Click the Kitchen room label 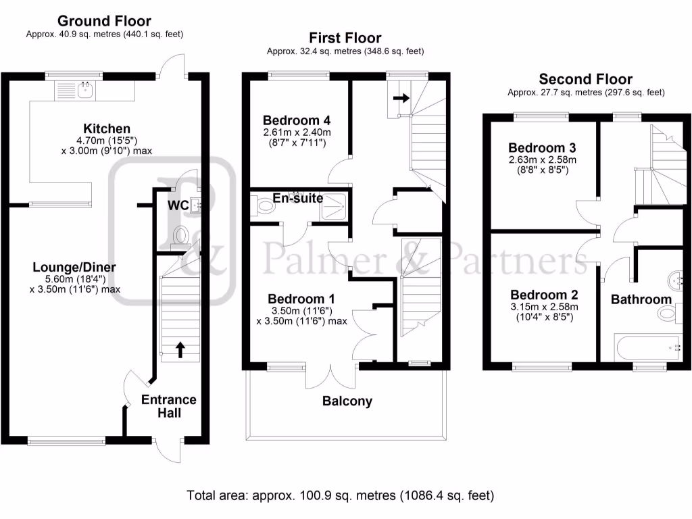click(x=107, y=128)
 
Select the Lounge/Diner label click(x=74, y=268)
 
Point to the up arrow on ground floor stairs click(x=180, y=349)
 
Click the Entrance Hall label click(x=169, y=405)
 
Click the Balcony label click(x=347, y=401)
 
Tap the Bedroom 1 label click(x=301, y=299)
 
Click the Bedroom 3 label click(x=541, y=148)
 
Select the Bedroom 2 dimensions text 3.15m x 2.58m click(x=543, y=306)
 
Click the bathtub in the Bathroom click(x=649, y=347)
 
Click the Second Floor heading click(x=585, y=80)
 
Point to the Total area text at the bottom click(x=341, y=495)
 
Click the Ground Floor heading click(x=104, y=22)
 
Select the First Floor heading click(x=345, y=39)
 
